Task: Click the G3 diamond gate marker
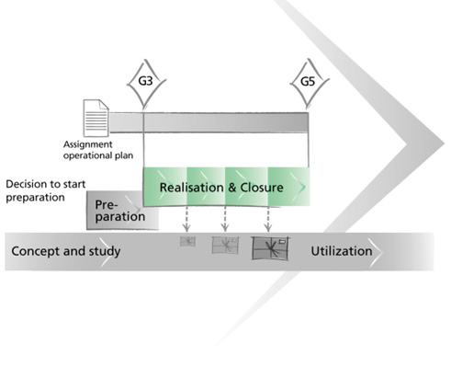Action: (146, 82)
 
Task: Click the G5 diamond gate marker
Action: (309, 82)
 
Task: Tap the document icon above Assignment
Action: (96, 118)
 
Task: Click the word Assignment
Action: (88, 144)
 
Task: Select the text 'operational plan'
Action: (98, 155)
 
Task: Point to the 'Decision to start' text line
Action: (46, 184)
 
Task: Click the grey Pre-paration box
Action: (122, 211)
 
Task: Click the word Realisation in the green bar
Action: (191, 188)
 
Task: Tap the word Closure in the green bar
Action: (262, 188)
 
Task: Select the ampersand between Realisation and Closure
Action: (231, 188)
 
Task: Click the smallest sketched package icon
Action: (187, 241)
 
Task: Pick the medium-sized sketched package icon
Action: (225, 245)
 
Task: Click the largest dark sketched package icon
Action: (270, 248)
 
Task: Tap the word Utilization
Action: (342, 251)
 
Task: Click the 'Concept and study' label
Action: (66, 251)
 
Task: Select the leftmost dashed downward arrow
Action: (186, 219)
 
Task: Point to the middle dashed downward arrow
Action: (225, 219)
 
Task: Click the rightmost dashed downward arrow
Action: (268, 219)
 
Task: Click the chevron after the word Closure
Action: (302, 187)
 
